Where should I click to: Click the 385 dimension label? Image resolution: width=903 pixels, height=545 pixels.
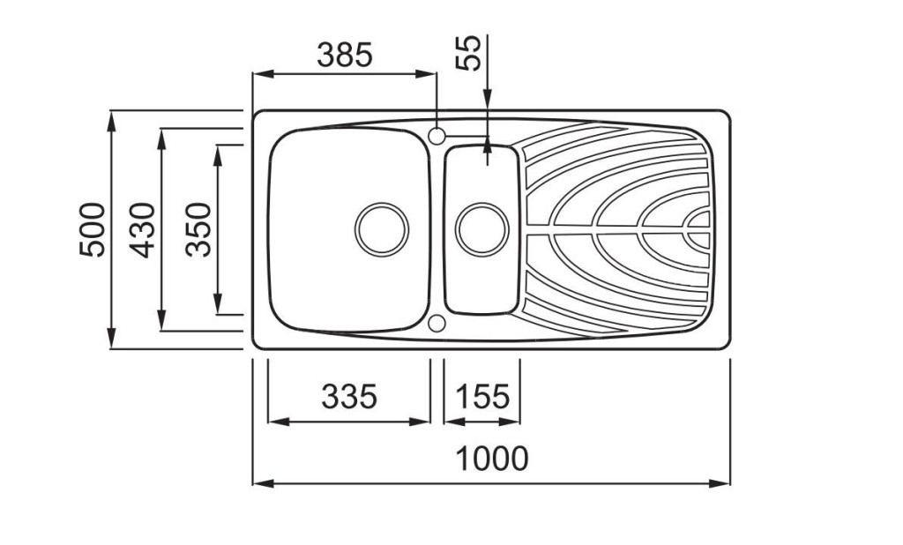(x=345, y=56)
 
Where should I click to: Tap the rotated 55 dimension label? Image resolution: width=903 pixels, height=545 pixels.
(x=468, y=53)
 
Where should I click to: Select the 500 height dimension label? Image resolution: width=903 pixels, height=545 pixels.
(x=93, y=229)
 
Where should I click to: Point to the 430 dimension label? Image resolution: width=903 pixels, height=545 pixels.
(x=142, y=230)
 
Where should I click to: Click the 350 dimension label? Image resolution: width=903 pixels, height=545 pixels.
(x=198, y=229)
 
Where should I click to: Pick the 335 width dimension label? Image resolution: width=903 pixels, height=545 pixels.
(x=349, y=396)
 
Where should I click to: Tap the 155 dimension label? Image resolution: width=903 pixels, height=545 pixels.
(x=482, y=396)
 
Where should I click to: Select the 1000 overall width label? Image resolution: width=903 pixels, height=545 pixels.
(x=492, y=459)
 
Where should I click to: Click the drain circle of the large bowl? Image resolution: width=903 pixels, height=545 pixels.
(x=382, y=229)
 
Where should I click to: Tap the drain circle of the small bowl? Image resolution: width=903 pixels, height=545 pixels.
(x=482, y=229)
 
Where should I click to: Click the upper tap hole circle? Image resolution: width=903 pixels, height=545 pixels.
(x=437, y=137)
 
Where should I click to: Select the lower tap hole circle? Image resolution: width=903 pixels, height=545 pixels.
(x=437, y=323)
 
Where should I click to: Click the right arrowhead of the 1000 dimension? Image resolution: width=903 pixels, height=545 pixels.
(x=720, y=483)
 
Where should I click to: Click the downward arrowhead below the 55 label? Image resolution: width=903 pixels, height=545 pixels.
(x=488, y=99)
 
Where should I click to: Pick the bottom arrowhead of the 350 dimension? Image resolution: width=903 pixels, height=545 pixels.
(x=218, y=303)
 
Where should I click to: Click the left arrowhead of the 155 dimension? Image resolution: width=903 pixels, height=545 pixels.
(x=455, y=422)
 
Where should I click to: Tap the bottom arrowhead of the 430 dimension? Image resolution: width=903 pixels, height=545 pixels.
(x=162, y=320)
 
